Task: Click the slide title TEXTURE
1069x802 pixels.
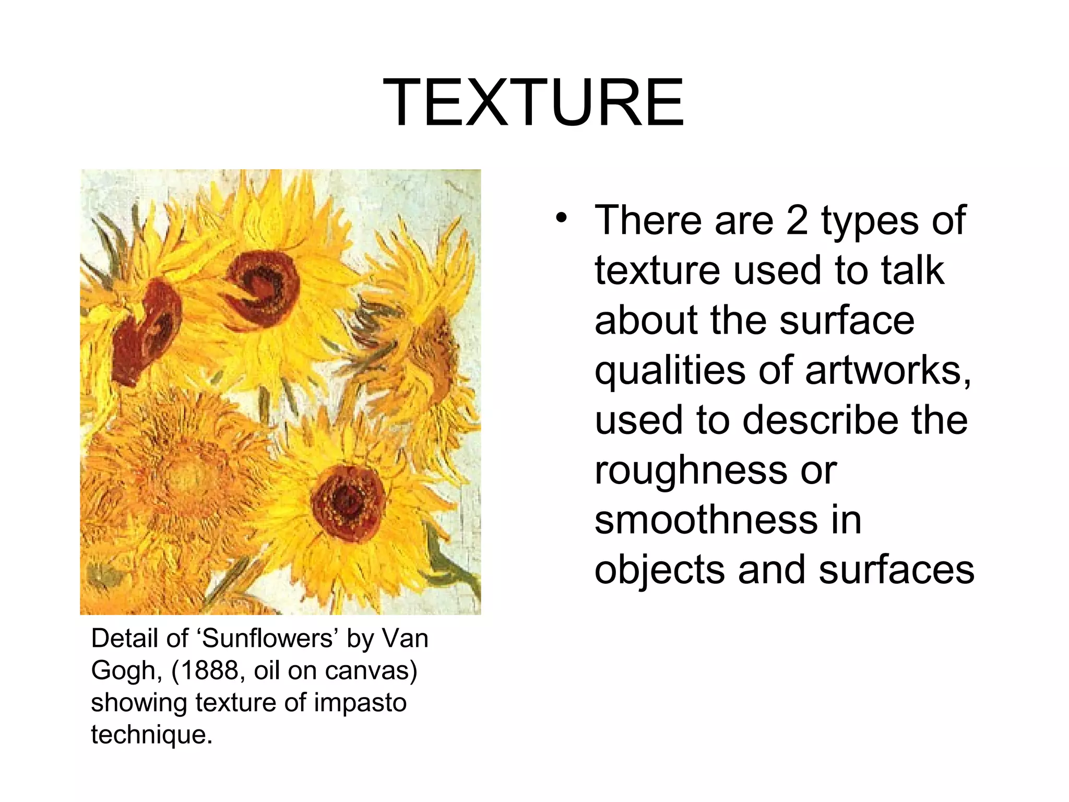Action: [533, 102]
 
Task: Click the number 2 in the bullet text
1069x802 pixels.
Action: [797, 220]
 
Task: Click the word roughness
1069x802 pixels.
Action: [689, 472]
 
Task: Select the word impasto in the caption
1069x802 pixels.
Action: [360, 703]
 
